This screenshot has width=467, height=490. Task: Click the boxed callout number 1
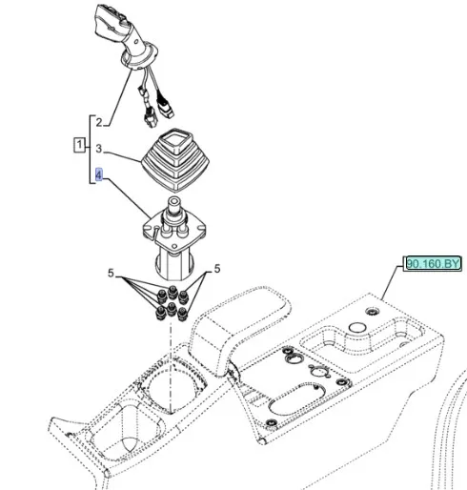pos(79,145)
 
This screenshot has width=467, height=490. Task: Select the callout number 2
pos(99,122)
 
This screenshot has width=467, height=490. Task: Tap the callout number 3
pos(99,149)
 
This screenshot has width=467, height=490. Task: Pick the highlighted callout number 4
pos(99,174)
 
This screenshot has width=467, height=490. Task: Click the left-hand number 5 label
pos(111,273)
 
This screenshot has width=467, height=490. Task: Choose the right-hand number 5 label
pos(217,269)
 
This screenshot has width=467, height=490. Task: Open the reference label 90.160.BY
pos(434,263)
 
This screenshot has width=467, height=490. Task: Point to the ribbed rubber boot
pos(175,160)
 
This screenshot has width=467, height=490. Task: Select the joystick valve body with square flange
pos(174,238)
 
